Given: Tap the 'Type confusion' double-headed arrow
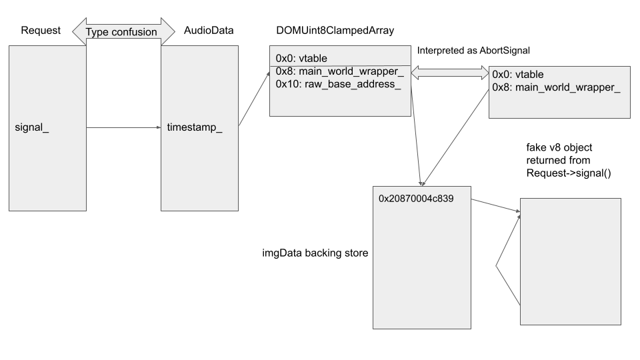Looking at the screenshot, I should click(123, 31).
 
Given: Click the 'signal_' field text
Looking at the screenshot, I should click(32, 127).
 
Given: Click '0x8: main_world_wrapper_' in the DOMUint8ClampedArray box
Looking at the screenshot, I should click(340, 71).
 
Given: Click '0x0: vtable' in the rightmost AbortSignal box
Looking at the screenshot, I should click(515, 75).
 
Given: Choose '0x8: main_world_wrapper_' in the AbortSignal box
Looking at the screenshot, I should click(556, 88).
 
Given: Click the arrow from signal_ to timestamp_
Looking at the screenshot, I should click(123, 127).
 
